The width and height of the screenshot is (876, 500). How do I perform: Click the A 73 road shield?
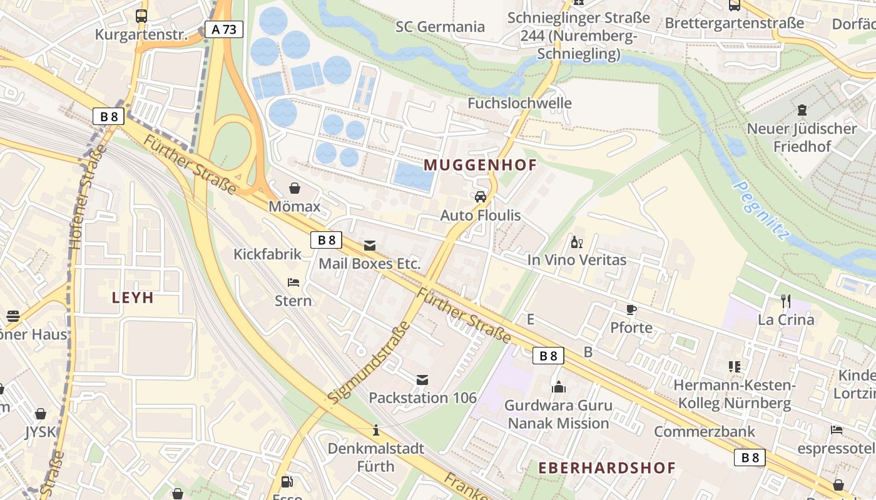coord(224,29)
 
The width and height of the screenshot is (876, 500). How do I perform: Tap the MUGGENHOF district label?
coord(481,165)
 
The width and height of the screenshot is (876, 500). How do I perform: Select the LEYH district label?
coord(133,297)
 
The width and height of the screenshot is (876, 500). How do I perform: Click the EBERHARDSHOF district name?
coord(607,467)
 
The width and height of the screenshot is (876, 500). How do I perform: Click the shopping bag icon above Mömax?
coord(294,188)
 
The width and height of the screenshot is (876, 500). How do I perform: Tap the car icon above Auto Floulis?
coord(481,197)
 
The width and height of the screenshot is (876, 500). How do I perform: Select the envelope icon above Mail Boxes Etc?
coord(370,245)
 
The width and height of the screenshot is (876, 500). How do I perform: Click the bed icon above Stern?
coord(293,282)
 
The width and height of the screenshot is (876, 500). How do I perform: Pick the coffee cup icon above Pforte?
coord(631,309)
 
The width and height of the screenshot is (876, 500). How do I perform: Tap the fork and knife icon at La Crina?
coord(786,301)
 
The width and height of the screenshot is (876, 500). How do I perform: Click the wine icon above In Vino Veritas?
coord(576,242)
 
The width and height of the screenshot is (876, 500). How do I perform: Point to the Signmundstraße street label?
coord(369,362)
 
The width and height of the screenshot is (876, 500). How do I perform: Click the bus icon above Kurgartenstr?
coord(141,16)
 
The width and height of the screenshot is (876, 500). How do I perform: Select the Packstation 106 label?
coord(422,397)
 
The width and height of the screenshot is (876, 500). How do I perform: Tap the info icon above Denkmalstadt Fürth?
coord(376,430)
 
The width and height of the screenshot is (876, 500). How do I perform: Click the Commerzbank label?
coord(705,431)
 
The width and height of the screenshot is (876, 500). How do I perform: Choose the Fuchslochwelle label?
coord(519,103)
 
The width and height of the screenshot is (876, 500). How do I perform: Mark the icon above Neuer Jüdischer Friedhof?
coord(802,111)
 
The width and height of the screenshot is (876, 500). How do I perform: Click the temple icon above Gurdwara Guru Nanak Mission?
coord(558,387)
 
